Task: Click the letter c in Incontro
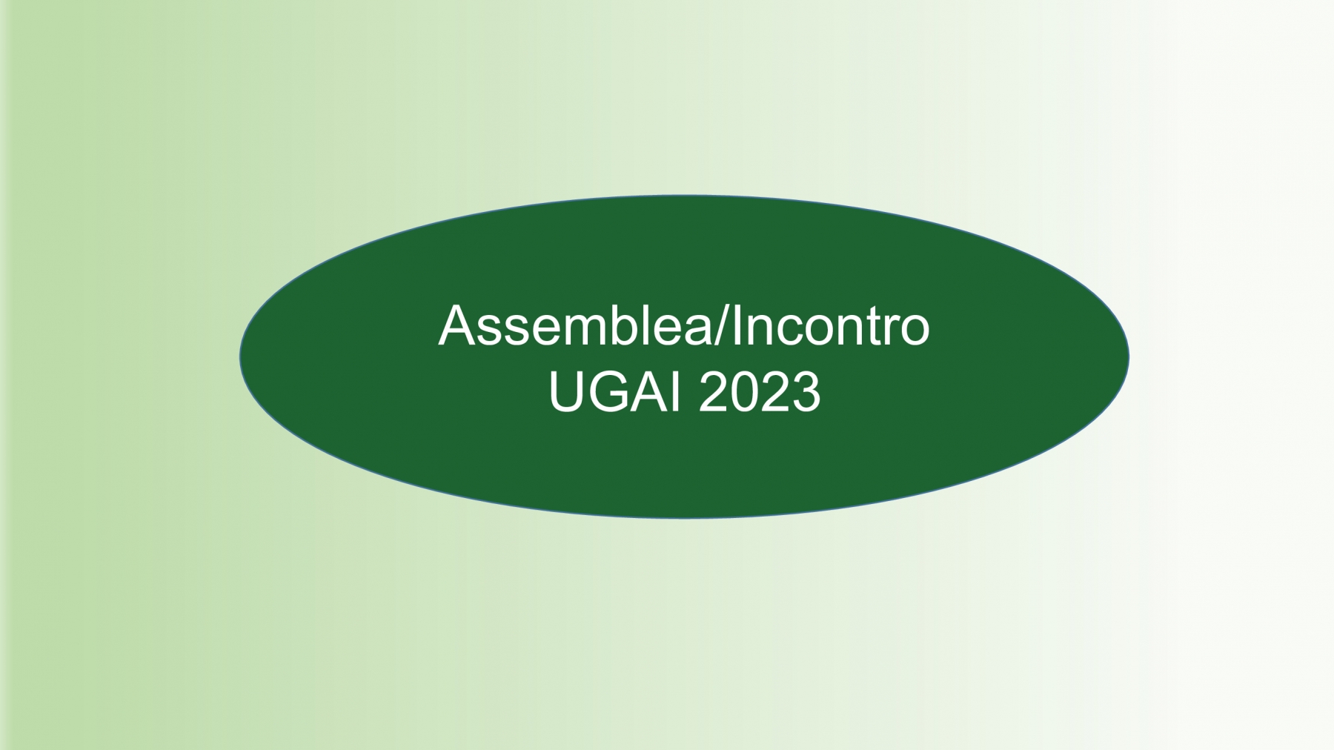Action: click(x=792, y=331)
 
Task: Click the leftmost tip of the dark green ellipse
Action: click(x=239, y=356)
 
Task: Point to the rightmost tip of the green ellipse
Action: click(x=1129, y=356)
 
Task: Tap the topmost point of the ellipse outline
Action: click(x=684, y=196)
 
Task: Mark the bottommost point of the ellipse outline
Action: click(x=684, y=518)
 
